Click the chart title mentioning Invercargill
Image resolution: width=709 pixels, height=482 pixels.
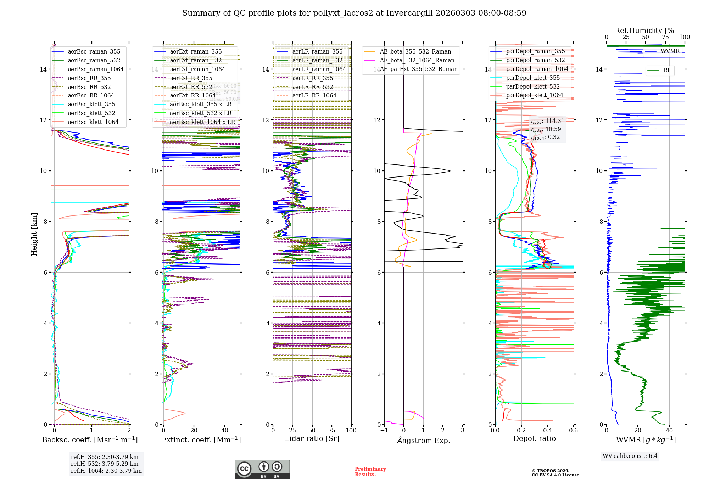point(354,13)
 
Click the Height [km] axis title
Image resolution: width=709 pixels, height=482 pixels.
point(34,234)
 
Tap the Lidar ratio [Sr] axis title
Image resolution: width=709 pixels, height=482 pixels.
point(312,438)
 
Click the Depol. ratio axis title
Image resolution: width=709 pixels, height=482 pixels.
point(534,438)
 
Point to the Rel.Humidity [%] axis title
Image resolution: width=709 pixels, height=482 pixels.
point(646,30)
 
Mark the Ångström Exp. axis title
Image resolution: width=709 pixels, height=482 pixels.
point(423,440)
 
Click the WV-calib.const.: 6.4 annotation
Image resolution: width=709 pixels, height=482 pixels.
point(630,456)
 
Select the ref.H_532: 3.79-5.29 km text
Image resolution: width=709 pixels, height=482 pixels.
point(105,464)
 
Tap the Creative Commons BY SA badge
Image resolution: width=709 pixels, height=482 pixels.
point(262,469)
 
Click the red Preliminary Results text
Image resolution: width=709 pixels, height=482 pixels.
point(370,471)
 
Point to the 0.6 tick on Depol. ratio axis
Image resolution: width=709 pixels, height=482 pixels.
point(573,430)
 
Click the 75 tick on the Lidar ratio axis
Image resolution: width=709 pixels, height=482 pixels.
point(332,430)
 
